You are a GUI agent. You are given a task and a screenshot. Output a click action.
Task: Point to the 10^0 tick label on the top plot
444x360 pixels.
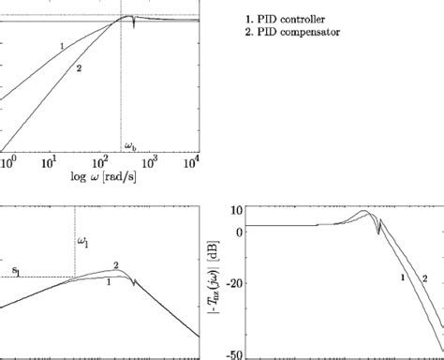click(7, 160)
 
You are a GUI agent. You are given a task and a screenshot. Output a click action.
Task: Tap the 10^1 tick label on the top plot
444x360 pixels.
click(52, 160)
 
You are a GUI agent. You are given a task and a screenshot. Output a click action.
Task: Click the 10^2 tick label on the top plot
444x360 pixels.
click(101, 160)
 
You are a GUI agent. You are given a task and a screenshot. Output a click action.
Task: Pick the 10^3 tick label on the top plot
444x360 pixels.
click(149, 160)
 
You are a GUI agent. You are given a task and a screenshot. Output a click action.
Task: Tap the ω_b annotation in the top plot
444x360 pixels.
click(131, 145)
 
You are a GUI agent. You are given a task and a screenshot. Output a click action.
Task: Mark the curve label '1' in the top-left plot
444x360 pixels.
click(61, 45)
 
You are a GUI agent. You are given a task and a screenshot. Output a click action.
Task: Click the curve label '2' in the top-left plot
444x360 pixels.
click(80, 67)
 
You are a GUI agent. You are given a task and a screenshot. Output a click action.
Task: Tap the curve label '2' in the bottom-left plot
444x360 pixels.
click(114, 265)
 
